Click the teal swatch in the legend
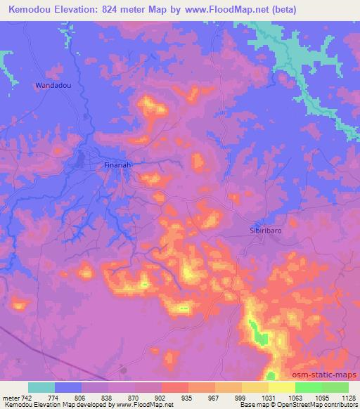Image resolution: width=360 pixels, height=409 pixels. tap(41, 387)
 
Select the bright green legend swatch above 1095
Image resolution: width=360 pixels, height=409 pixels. tap(309, 387)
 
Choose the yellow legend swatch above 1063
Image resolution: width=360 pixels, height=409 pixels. tap(282, 387)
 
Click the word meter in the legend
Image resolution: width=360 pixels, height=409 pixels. tap(11, 398)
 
